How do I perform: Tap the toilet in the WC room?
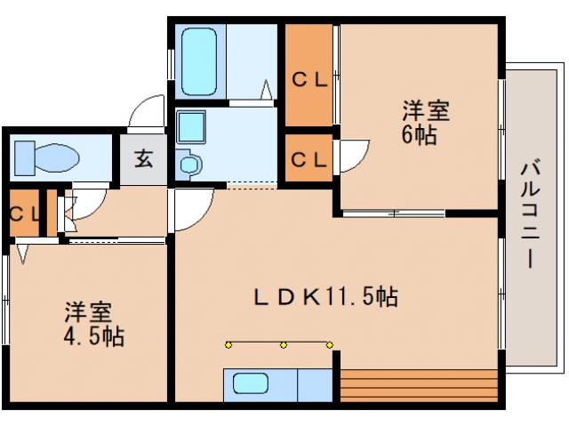(46, 158)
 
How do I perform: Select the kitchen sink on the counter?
(252, 383)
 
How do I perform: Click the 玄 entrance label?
(143, 159)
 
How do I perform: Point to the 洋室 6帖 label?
(425, 123)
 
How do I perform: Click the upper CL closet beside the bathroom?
(309, 78)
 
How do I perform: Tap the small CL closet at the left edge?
(23, 213)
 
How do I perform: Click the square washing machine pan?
(190, 126)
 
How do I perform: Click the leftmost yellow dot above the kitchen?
(228, 344)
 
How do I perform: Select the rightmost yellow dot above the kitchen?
(329, 344)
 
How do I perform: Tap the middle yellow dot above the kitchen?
(283, 344)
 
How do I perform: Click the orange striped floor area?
(418, 384)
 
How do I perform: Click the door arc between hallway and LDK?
(191, 209)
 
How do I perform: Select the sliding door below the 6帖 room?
(394, 213)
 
